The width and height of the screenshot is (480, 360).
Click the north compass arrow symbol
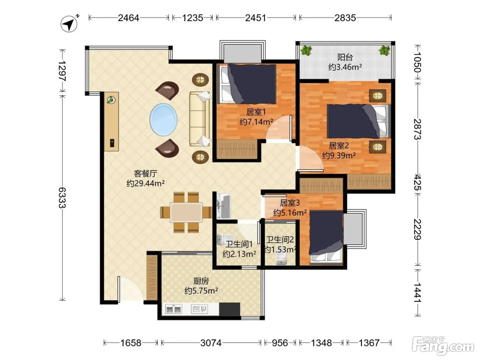coord(69,24)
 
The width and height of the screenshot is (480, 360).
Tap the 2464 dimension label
coord(128,18)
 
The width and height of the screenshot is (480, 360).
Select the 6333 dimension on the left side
coord(62,198)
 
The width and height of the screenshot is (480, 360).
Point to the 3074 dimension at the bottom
coord(211,343)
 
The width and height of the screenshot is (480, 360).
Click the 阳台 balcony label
coord(345,58)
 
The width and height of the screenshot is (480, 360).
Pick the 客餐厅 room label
coord(145,173)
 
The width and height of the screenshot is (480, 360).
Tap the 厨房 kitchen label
coord(201,281)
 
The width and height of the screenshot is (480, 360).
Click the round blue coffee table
coord(163,120)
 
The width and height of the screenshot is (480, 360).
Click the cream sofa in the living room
coord(200,119)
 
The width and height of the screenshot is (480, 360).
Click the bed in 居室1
coord(248,84)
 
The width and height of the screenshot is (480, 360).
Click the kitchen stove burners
coord(173,309)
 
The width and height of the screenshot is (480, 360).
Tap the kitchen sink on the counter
coord(200,309)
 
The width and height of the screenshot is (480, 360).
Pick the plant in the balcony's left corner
coord(306,50)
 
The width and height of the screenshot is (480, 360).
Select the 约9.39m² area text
coord(339,155)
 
